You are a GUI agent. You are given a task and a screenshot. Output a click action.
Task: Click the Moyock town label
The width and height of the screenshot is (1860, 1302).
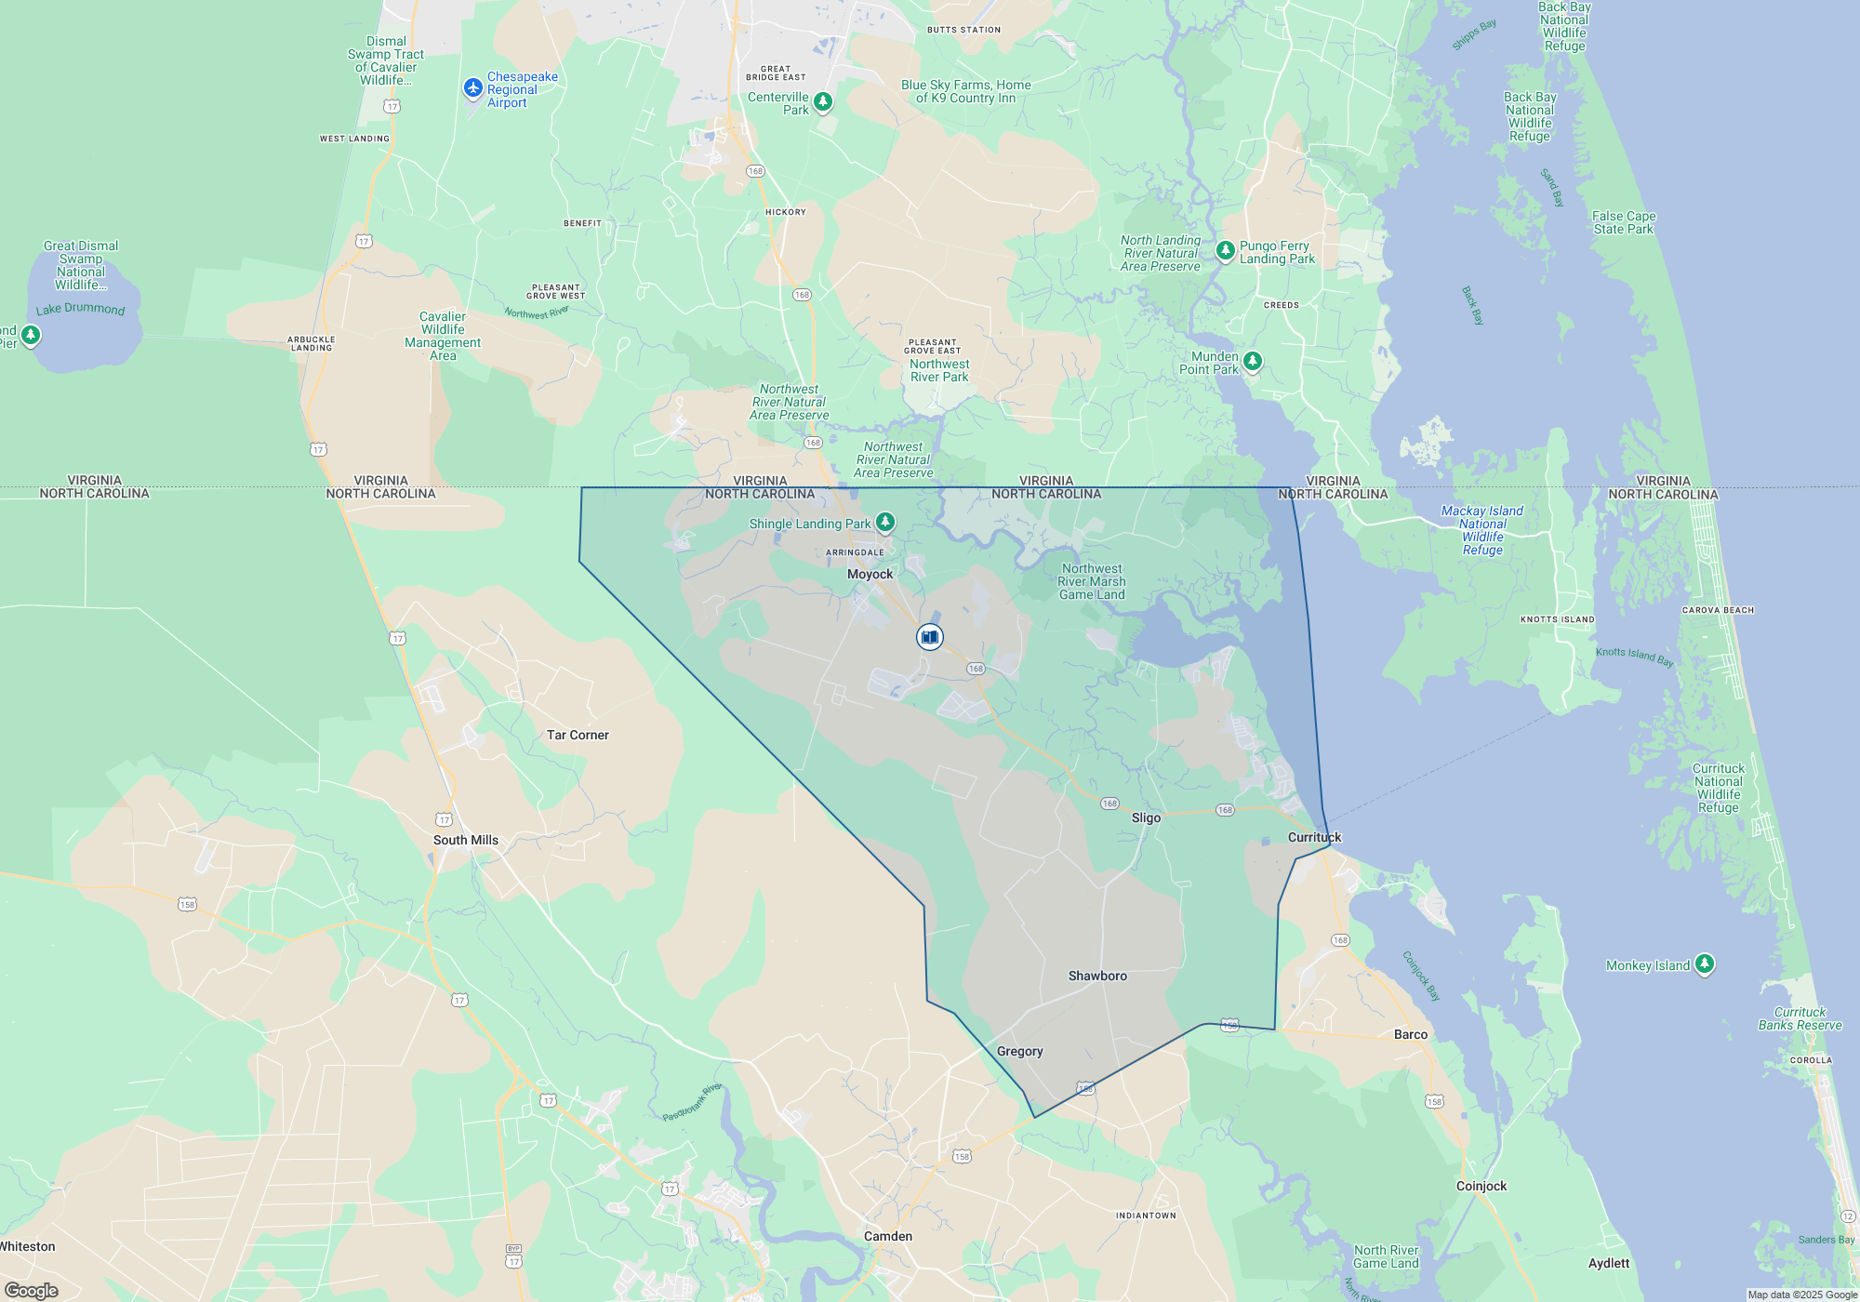click(x=870, y=574)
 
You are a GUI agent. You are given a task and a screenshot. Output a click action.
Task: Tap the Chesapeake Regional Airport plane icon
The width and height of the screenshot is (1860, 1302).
click(x=473, y=87)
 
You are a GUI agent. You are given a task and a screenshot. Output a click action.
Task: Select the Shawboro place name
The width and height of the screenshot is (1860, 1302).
click(x=1097, y=976)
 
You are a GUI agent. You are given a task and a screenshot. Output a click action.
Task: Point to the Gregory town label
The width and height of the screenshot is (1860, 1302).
click(x=1019, y=1051)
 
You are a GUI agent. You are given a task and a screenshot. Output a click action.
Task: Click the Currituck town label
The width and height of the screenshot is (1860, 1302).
click(x=1314, y=837)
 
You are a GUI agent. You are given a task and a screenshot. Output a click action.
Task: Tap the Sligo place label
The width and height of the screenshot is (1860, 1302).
click(x=1146, y=817)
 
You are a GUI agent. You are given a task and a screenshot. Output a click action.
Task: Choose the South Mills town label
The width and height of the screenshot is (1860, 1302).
click(x=465, y=840)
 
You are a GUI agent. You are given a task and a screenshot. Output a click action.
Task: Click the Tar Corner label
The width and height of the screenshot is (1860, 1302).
click(x=578, y=735)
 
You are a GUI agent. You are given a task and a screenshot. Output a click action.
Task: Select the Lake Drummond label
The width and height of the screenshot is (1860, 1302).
click(x=80, y=309)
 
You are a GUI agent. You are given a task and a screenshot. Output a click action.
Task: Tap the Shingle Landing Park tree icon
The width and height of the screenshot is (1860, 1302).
click(x=885, y=522)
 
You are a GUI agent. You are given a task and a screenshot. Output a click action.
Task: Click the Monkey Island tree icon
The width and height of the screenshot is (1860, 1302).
click(x=1704, y=963)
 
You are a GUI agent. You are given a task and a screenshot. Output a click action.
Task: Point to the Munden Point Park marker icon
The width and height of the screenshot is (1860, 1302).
click(x=1253, y=361)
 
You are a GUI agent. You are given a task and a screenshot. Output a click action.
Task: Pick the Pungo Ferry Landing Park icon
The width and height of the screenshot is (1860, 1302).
click(x=1226, y=250)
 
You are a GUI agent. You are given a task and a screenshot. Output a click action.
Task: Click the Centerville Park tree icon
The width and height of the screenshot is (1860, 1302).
click(x=823, y=100)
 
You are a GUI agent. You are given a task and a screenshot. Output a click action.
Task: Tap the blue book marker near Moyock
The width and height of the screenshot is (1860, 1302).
click(x=929, y=637)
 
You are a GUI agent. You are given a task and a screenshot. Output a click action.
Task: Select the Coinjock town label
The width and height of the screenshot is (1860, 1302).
click(x=1481, y=1186)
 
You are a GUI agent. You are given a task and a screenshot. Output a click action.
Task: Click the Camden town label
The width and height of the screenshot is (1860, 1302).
click(x=888, y=1236)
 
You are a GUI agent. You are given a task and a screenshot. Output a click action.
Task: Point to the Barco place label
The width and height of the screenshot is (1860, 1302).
click(x=1411, y=1034)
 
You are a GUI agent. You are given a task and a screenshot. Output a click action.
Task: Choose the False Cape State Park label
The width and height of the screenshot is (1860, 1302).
click(x=1624, y=222)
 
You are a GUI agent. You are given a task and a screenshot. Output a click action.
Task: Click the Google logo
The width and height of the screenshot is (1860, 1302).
click(x=32, y=1291)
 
